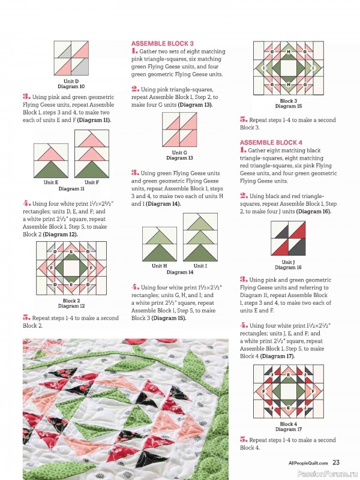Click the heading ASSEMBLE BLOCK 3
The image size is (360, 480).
click(162, 44)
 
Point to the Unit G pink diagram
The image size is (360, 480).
click(179, 130)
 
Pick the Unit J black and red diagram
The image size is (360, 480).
click(289, 239)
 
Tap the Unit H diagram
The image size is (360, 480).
click(160, 244)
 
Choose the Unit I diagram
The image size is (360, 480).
click(200, 238)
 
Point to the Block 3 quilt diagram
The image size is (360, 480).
click(289, 70)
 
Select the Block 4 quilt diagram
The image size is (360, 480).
click(289, 393)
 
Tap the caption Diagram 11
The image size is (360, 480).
click(71, 188)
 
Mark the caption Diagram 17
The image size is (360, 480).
click(289, 429)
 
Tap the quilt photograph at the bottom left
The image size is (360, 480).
click(125, 408)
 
